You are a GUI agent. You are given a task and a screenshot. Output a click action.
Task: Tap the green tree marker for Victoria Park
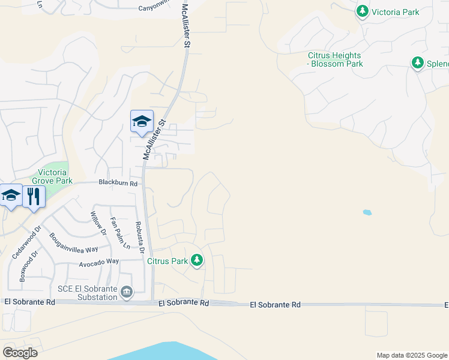[x=362, y=11]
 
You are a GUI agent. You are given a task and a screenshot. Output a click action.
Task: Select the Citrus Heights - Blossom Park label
[x=335, y=59]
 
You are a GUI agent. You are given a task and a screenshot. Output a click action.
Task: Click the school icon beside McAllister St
[x=142, y=122]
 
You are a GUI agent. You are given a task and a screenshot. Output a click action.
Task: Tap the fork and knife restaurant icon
[x=34, y=196]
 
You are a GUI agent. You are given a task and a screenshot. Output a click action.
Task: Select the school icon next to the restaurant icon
[x=11, y=196]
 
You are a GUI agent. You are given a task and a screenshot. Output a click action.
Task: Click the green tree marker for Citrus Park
[x=197, y=260]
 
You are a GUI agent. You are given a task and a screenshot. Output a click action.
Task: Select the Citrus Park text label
[x=168, y=261]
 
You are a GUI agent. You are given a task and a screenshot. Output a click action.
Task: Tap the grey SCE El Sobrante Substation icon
[x=127, y=292]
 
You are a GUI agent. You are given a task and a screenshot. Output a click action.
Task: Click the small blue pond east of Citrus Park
[x=367, y=212]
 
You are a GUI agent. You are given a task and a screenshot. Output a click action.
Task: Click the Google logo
[x=19, y=352]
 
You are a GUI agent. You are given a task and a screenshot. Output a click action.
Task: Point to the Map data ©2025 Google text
[x=411, y=355]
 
